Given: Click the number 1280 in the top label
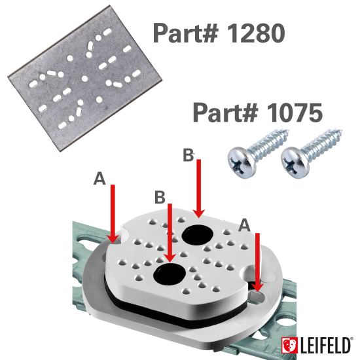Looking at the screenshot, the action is click(256, 33).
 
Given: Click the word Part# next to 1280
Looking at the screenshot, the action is click(185, 33).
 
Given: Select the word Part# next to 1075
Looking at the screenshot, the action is click(225, 113).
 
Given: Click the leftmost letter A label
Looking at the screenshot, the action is click(99, 179).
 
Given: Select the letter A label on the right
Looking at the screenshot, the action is click(244, 225).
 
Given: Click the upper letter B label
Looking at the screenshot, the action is click(189, 155).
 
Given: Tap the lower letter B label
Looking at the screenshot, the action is click(160, 197).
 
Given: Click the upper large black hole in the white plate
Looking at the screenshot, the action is click(198, 234).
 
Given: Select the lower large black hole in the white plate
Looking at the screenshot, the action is click(170, 274).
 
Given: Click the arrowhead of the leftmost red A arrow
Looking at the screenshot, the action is click(113, 239).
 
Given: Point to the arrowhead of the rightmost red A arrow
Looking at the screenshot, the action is click(258, 287).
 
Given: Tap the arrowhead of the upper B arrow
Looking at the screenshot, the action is click(198, 213).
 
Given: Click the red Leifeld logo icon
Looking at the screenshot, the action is click(289, 345).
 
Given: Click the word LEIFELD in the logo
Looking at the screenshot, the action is click(325, 345).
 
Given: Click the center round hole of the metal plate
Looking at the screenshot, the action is click(84, 79).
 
